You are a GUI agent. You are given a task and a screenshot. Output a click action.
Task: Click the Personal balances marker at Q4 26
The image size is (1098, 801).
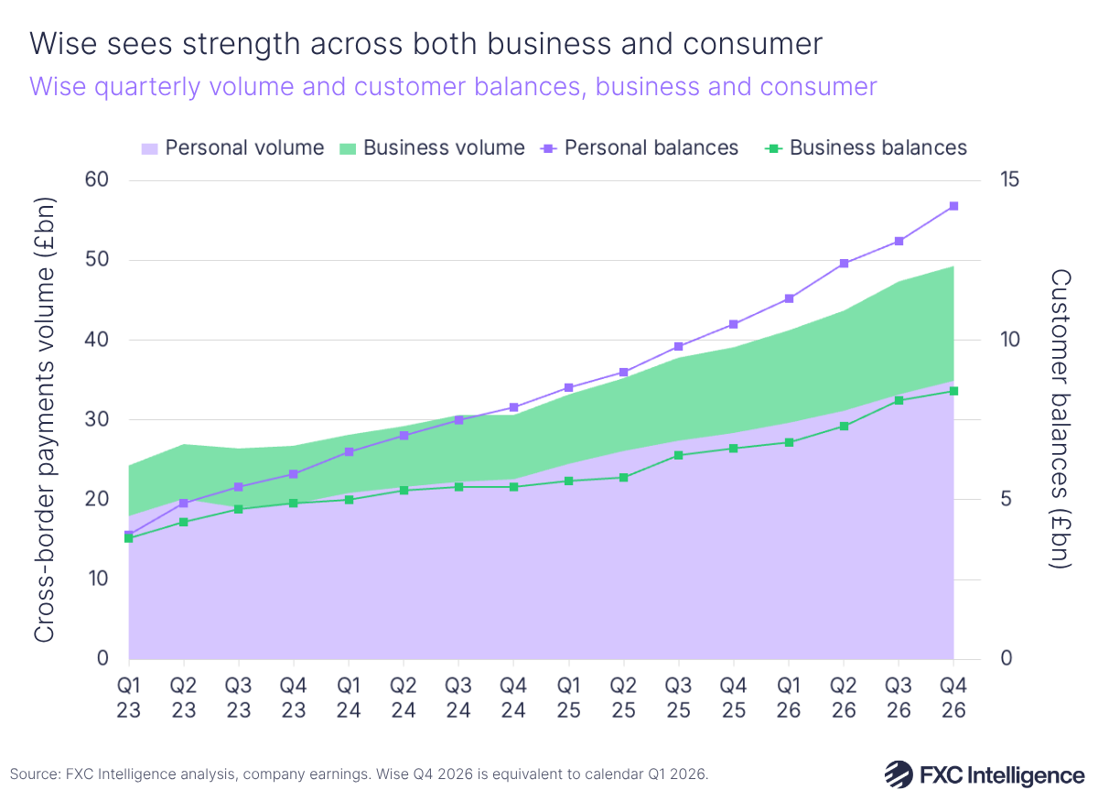tap(953, 206)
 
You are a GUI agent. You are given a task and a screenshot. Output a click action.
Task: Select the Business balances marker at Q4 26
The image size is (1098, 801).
tap(953, 391)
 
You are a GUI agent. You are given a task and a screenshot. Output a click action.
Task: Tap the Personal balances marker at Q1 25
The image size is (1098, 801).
tap(569, 388)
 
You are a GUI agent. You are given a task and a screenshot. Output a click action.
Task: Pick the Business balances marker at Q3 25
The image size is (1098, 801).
tap(679, 455)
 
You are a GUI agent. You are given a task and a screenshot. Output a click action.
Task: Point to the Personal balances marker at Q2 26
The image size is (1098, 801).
tap(844, 264)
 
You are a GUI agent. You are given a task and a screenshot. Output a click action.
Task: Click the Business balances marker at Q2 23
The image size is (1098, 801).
tap(184, 522)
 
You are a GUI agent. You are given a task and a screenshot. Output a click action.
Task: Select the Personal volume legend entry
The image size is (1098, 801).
tap(233, 147)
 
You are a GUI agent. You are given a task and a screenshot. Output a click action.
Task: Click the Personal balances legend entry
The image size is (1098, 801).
tap(640, 147)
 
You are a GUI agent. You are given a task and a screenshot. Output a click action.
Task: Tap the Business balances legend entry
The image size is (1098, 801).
tap(866, 147)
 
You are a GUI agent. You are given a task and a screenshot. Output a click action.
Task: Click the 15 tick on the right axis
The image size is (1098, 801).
tap(1010, 180)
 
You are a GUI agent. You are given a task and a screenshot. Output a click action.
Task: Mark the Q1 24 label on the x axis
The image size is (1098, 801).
tap(349, 697)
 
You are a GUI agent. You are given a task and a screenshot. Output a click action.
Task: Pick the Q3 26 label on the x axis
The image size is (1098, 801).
tap(899, 697)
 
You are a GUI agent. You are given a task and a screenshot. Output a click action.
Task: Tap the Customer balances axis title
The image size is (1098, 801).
tap(1059, 419)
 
